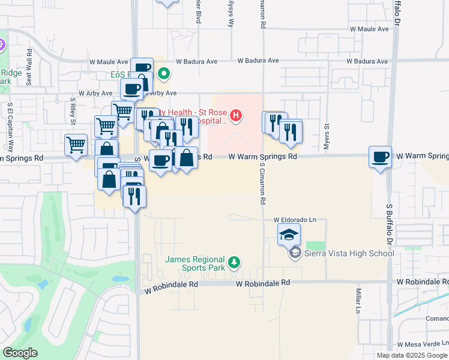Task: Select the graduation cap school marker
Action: (x=289, y=234)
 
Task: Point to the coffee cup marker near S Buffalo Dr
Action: (x=380, y=158)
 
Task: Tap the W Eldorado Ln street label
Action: (x=295, y=220)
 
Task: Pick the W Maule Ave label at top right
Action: (x=370, y=29)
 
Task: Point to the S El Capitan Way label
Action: (x=10, y=128)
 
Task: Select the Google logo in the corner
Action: (x=20, y=353)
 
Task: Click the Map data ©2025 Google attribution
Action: (x=412, y=355)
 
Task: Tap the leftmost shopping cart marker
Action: (x=76, y=145)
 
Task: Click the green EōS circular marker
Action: (x=163, y=74)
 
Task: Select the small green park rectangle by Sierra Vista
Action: (x=315, y=246)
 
